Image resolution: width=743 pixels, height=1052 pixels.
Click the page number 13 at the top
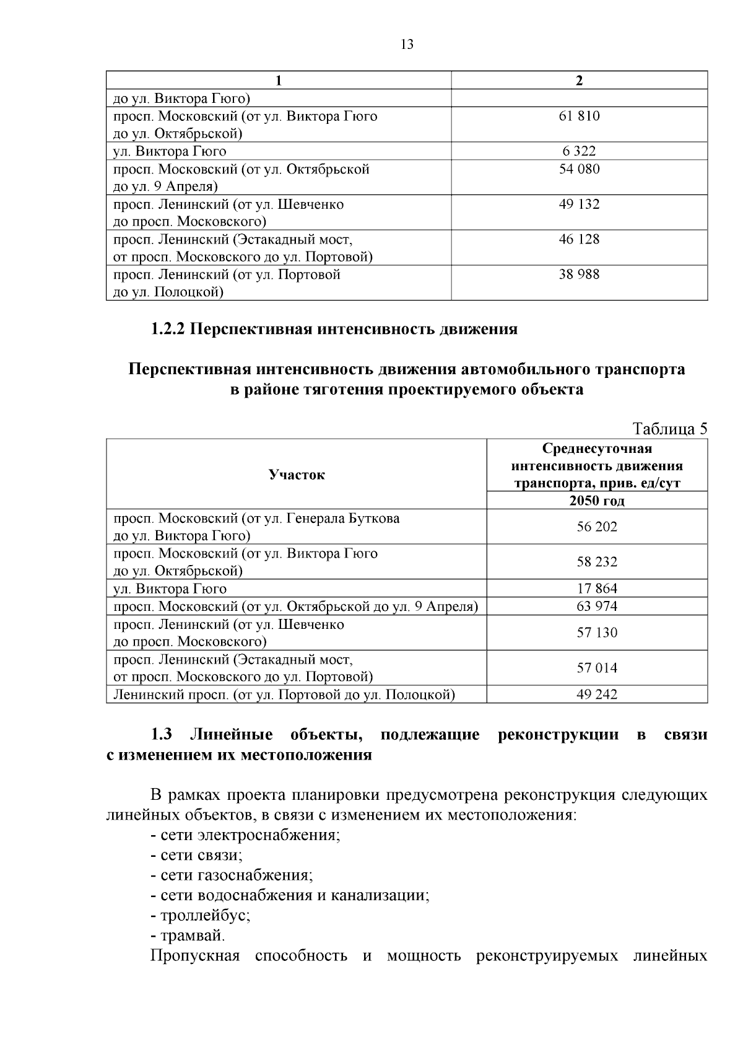click(407, 45)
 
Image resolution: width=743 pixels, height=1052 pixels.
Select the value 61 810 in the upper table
click(579, 116)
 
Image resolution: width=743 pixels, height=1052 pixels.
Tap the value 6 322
click(579, 151)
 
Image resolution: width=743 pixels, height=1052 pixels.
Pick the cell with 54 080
click(579, 169)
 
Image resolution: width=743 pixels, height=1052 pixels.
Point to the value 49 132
click(579, 204)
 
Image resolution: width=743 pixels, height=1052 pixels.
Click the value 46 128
click(579, 239)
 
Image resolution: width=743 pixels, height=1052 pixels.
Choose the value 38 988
click(579, 274)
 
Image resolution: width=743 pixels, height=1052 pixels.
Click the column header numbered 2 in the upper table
click(579, 81)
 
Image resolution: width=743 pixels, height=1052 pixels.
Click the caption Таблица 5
click(669, 429)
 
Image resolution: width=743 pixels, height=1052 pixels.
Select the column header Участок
click(297, 475)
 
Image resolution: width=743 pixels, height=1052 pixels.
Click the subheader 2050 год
click(597, 501)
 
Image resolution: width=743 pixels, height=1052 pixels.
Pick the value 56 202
click(597, 527)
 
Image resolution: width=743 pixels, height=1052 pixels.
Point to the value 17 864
click(597, 589)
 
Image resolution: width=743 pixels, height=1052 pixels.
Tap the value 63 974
click(597, 606)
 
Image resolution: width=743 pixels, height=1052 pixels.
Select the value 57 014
click(597, 668)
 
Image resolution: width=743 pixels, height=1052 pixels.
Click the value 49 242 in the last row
click(597, 695)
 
